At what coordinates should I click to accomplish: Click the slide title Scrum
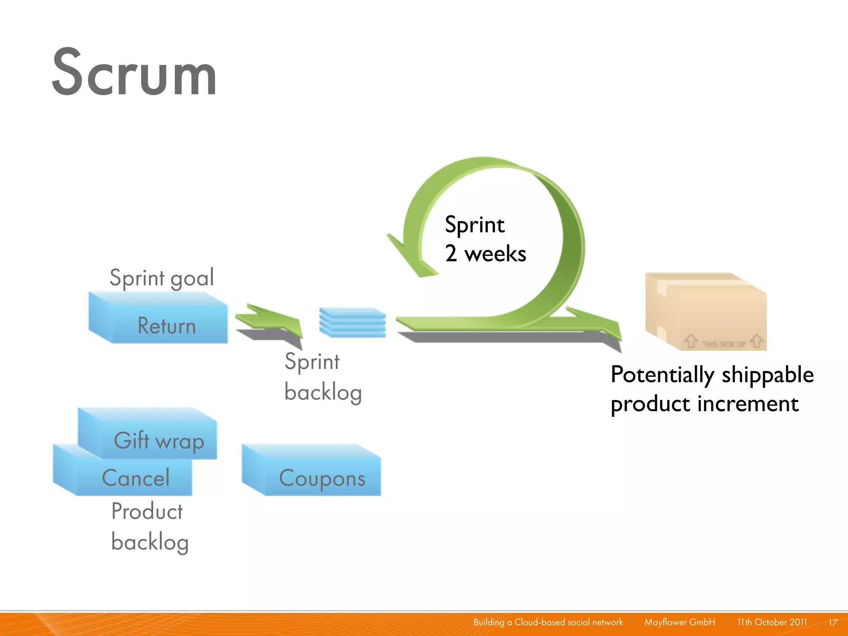(x=135, y=74)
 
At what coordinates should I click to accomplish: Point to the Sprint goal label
(x=161, y=277)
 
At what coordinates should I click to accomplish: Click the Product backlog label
(x=149, y=526)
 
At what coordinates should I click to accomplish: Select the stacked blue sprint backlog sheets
(x=352, y=322)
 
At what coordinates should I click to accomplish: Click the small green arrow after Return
(x=269, y=321)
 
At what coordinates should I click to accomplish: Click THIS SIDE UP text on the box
(x=723, y=344)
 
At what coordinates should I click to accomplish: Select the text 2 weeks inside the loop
(x=485, y=253)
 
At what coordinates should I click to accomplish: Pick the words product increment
(x=704, y=404)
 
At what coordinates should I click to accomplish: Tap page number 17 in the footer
(x=833, y=622)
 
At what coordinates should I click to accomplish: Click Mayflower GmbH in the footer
(x=679, y=622)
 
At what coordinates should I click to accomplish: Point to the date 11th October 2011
(x=772, y=622)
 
